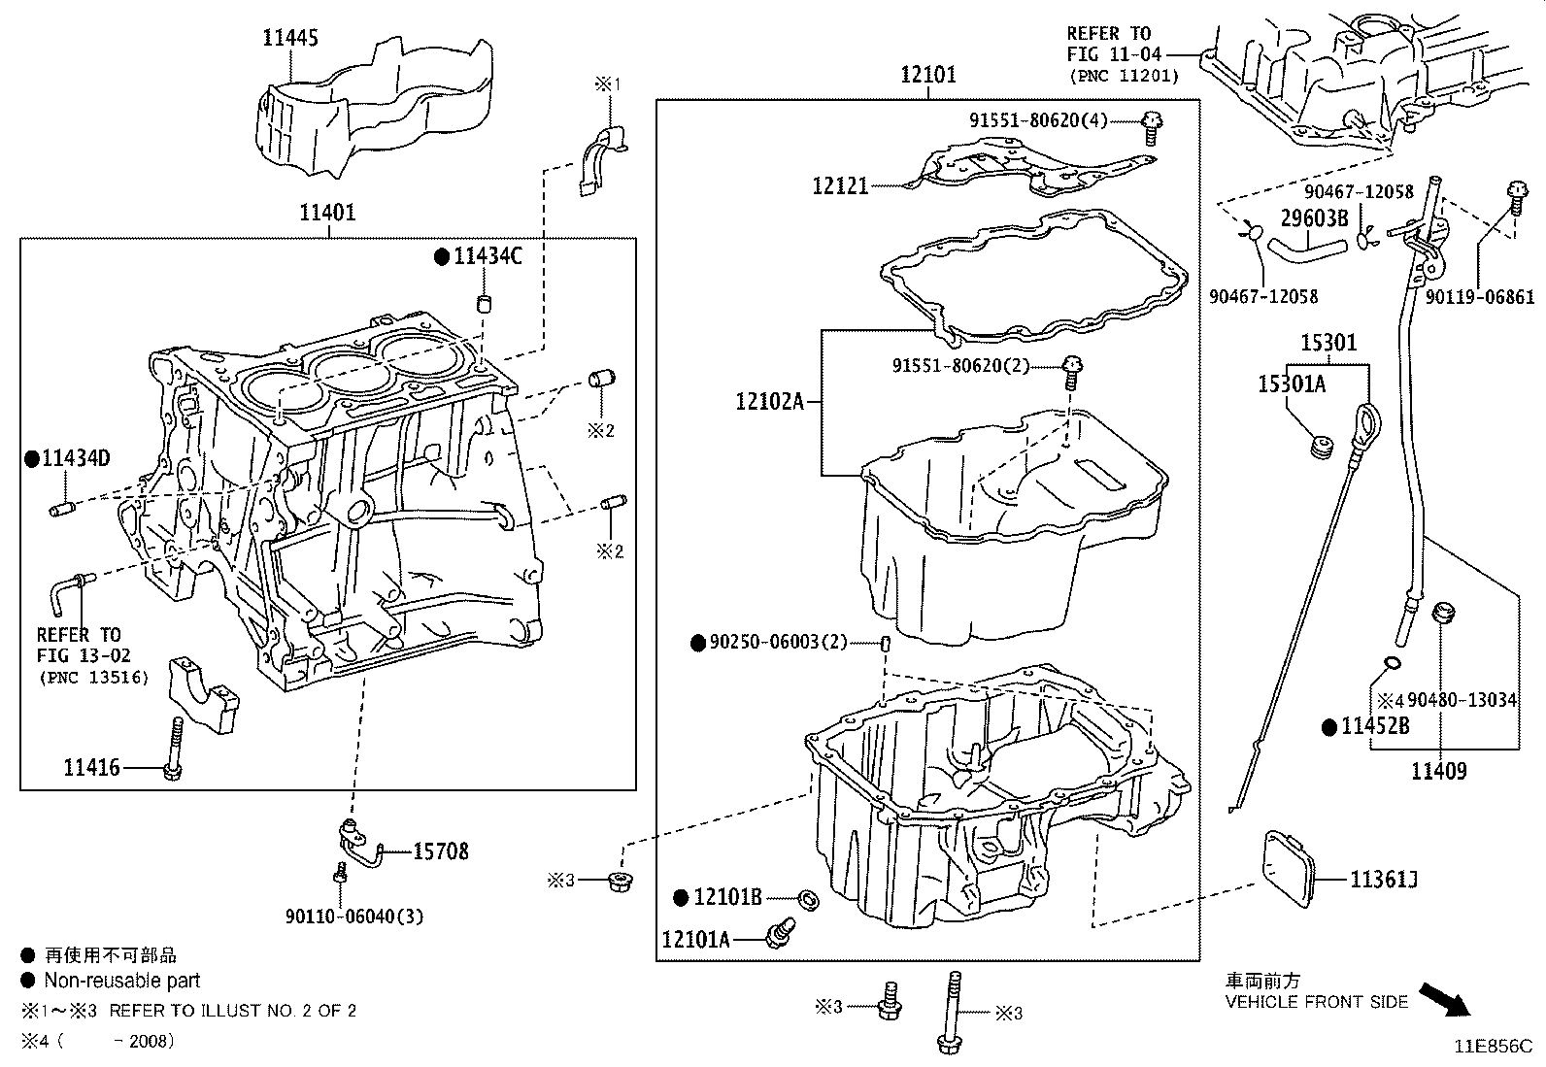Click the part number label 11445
click(289, 38)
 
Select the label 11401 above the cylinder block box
click(327, 213)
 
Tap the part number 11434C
click(487, 256)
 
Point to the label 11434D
click(75, 458)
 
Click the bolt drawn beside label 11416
click(175, 748)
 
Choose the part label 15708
click(440, 851)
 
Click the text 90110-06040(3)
click(354, 916)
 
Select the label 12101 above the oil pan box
click(927, 74)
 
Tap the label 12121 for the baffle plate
click(840, 184)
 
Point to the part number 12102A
click(770, 400)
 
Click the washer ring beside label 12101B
click(807, 898)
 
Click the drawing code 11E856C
click(1492, 1047)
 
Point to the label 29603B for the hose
click(1314, 218)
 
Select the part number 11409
click(1438, 772)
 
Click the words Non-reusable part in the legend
click(121, 981)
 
